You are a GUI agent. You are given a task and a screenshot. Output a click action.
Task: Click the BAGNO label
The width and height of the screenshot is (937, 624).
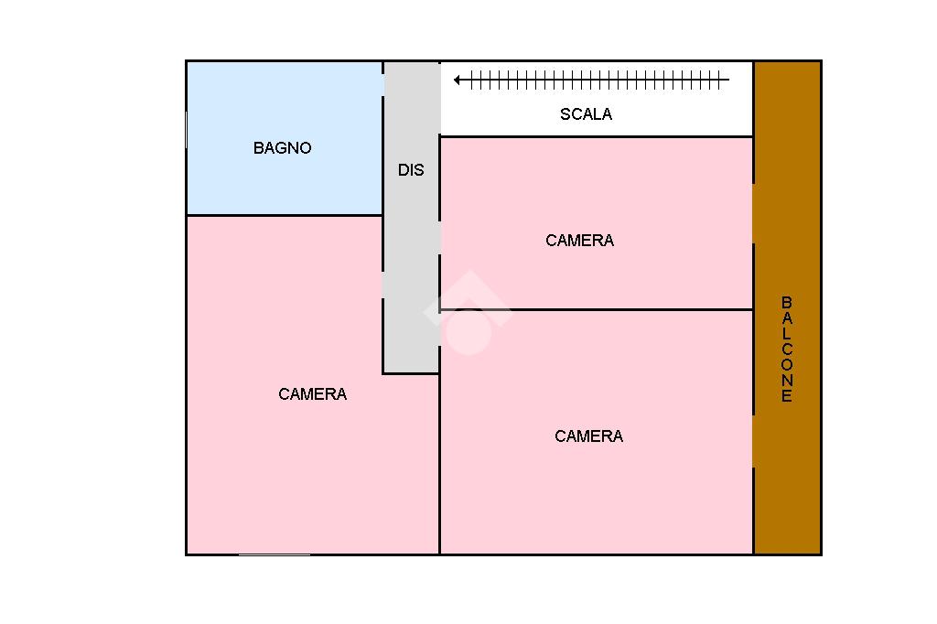click(x=282, y=147)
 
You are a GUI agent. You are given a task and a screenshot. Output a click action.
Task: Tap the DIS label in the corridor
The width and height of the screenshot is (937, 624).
click(x=411, y=170)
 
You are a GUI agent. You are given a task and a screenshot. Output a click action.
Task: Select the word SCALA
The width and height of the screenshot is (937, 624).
click(x=586, y=114)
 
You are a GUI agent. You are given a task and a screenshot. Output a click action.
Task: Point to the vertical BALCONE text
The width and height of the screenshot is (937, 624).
click(x=786, y=350)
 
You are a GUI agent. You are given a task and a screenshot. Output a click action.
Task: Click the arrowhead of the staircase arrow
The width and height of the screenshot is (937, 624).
click(x=458, y=80)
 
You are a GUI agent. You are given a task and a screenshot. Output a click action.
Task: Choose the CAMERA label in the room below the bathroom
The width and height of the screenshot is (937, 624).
click(x=312, y=393)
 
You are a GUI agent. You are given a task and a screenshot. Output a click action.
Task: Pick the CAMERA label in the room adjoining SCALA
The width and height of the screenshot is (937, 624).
click(x=579, y=241)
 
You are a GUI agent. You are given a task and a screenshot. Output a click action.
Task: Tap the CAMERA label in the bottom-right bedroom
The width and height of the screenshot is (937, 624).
click(x=588, y=436)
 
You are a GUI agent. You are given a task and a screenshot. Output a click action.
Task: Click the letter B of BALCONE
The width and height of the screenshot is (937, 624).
click(x=786, y=302)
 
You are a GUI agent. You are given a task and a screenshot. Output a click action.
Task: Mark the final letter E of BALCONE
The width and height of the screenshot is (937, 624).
click(x=786, y=395)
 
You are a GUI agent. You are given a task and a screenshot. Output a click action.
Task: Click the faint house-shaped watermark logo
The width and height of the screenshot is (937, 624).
click(x=468, y=313)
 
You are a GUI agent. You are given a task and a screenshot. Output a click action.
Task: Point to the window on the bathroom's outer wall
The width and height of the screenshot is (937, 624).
click(x=187, y=130)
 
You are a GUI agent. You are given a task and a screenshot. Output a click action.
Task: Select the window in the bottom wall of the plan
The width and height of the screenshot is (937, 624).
click(x=275, y=554)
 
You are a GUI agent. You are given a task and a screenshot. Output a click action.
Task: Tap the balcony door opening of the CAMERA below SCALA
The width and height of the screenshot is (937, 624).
click(x=753, y=213)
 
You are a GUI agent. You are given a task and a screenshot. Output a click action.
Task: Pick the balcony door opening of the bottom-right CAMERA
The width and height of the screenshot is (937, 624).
click(x=753, y=441)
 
